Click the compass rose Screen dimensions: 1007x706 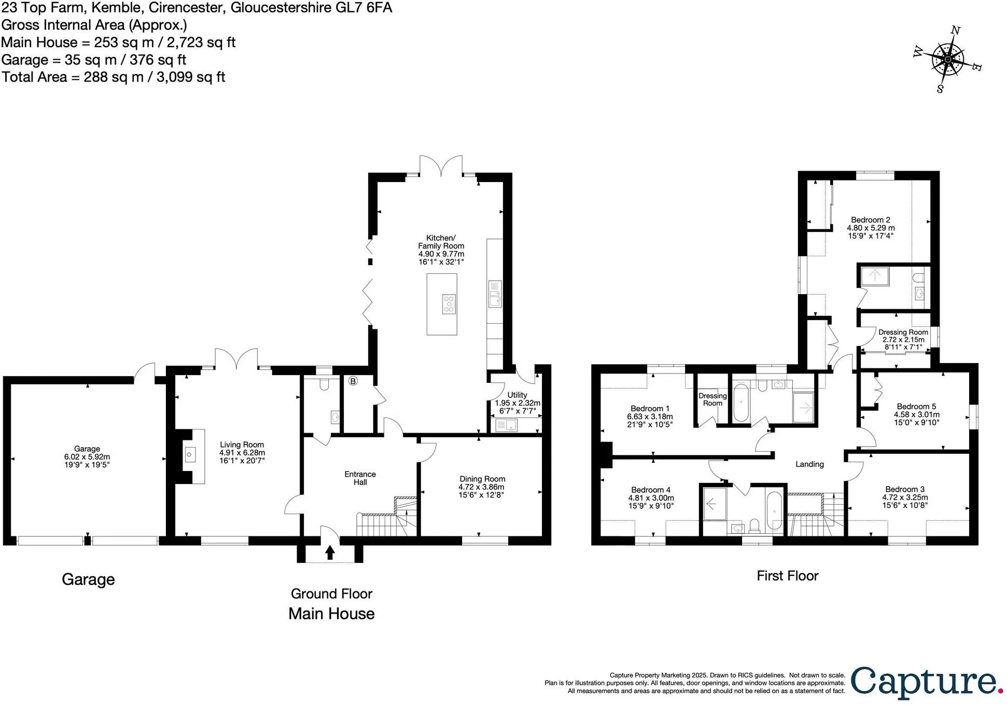coord(947,60)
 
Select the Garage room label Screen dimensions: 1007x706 coord(87,449)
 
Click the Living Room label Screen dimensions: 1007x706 coord(242,445)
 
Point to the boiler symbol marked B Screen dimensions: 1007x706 coord(353,381)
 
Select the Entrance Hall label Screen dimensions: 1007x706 coord(360,478)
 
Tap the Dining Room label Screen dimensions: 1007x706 coord(482,479)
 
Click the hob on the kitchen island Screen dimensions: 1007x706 coord(449,303)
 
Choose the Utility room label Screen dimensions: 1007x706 coord(517,395)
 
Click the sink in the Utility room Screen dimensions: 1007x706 coord(506,425)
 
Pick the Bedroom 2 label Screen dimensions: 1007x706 coord(871,220)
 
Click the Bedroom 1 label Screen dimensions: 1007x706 coord(650,409)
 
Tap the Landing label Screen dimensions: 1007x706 coord(809,464)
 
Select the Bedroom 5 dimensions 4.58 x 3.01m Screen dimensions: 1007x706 coord(917,414)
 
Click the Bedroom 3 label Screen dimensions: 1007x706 coord(905,489)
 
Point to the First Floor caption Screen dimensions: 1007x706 coord(787,576)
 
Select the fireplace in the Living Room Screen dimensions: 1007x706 coord(190,456)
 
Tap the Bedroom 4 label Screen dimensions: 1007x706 coord(651,490)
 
